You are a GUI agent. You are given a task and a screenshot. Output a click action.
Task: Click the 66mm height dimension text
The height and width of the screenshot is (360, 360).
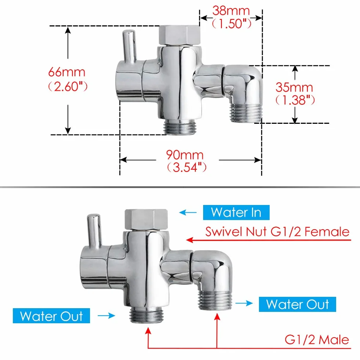(x=66, y=72)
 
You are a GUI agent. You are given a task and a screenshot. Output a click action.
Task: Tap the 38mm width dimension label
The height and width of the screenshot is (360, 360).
(x=231, y=11)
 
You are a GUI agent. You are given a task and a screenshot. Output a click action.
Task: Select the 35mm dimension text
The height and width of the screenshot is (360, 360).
(x=294, y=87)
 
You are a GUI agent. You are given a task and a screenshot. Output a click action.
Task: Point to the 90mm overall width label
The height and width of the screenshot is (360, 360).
(x=185, y=155)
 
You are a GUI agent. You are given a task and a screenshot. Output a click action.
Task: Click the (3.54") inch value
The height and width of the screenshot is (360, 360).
(x=187, y=167)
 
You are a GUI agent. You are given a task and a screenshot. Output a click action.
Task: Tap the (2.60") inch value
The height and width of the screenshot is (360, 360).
(x=68, y=87)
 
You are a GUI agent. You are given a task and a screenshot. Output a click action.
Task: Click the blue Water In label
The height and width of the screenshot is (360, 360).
(x=236, y=212)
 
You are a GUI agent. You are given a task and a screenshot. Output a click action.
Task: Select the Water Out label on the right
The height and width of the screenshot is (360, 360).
(x=297, y=304)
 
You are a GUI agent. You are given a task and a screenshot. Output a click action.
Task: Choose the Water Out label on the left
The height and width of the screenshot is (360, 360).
(x=51, y=316)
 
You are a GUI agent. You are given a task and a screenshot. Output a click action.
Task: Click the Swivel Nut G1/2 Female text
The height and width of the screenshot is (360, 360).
(x=277, y=231)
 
